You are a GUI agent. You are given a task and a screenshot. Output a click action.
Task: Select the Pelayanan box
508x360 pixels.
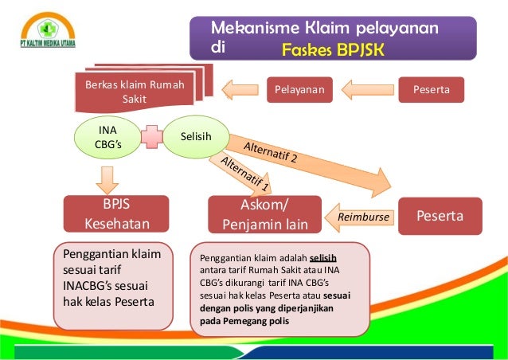(299, 90)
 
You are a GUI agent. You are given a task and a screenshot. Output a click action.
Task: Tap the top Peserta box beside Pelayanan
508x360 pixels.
(431, 90)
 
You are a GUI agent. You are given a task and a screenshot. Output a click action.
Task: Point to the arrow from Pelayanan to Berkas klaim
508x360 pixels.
(240, 90)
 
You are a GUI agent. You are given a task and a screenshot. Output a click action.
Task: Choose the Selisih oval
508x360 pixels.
(196, 137)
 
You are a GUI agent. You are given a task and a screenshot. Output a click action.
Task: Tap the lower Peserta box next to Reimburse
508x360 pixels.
(439, 216)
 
